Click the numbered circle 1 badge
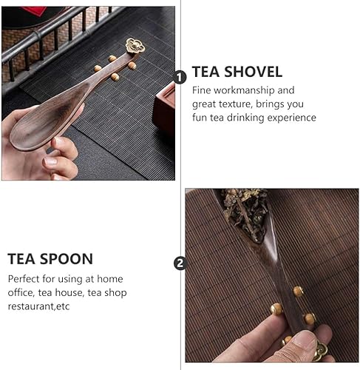pos(180,78)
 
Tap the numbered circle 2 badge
pos(180,263)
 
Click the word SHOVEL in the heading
pos(253,72)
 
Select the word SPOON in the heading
pos(67,259)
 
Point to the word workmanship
pos(244,90)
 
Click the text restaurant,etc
pos(38,306)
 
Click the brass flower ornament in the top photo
pos(135,46)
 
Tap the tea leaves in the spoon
pos(246,212)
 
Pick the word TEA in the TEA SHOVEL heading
pos(206,72)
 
